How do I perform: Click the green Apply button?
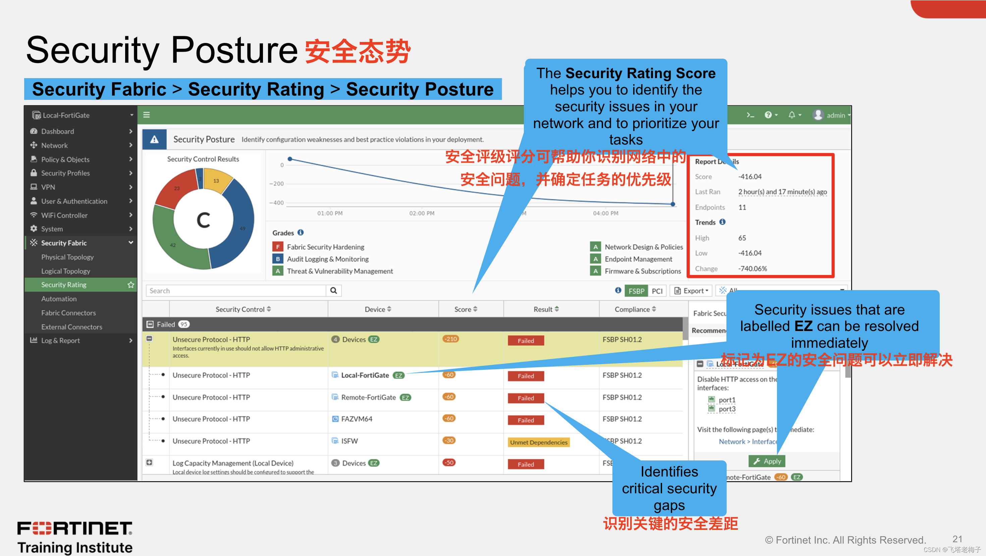click(767, 461)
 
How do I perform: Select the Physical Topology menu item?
click(67, 257)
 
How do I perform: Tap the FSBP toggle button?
click(636, 291)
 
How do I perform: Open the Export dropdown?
click(691, 291)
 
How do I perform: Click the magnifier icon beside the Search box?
click(333, 290)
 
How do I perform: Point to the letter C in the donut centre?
click(203, 220)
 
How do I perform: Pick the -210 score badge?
click(450, 339)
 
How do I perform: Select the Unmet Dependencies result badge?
click(538, 442)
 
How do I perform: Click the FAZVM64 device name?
click(357, 419)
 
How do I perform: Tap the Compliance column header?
click(635, 309)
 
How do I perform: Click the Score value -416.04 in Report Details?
click(750, 177)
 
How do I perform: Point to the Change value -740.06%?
click(752, 269)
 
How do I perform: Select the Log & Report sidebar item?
click(60, 341)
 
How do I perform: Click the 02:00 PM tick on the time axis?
click(422, 213)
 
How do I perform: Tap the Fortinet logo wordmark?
click(75, 529)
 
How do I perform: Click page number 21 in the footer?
click(957, 539)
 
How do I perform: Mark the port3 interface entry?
click(726, 409)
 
